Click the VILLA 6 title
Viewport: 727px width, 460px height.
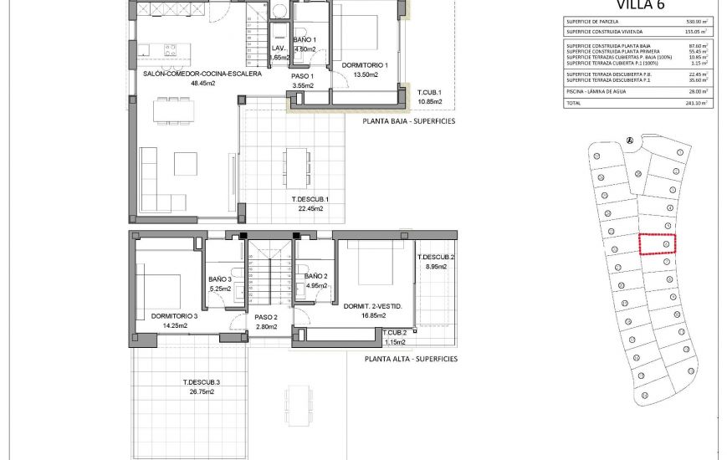click(637, 5)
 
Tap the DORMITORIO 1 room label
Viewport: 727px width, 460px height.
click(360, 65)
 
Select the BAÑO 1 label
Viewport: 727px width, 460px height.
click(304, 40)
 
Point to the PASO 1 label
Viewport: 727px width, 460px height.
click(302, 75)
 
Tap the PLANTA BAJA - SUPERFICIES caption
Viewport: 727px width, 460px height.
click(409, 120)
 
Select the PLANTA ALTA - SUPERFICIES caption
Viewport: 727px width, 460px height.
click(411, 358)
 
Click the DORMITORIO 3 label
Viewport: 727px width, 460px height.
click(174, 316)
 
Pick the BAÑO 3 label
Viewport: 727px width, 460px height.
click(220, 279)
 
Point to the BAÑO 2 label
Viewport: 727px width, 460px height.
click(315, 276)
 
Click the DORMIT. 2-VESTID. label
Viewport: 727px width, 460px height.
click(373, 307)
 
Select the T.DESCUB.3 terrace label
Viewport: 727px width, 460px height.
click(202, 382)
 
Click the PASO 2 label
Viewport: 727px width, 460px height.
click(265, 317)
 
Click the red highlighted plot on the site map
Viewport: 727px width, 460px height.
click(657, 243)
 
